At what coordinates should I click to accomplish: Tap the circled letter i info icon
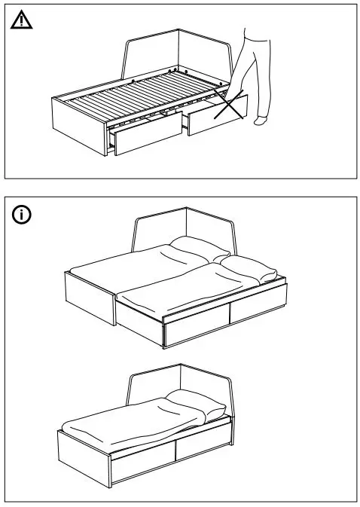click(23, 215)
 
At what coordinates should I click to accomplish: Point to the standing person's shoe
click(261, 120)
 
